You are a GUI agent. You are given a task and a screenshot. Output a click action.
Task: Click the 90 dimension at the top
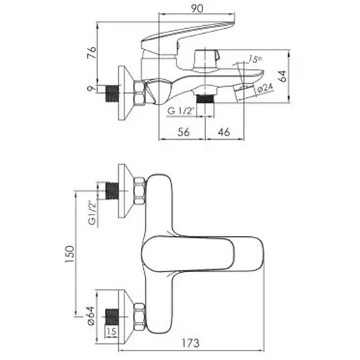tap(197, 9)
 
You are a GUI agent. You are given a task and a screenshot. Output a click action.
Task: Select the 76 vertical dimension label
tap(91, 53)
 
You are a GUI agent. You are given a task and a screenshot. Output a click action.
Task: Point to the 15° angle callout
tap(255, 58)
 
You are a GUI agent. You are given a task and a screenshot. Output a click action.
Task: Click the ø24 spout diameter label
tap(266, 88)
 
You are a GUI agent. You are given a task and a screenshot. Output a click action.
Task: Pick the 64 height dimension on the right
tap(283, 76)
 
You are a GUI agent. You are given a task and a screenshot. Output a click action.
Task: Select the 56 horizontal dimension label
tap(184, 132)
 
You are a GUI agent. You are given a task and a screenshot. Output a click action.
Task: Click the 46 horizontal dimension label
tap(224, 132)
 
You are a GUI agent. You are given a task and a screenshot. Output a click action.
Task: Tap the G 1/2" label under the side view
tap(181, 111)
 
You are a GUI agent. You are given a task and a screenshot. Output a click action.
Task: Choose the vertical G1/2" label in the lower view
tap(92, 212)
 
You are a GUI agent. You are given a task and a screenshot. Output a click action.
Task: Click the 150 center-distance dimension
tap(70, 254)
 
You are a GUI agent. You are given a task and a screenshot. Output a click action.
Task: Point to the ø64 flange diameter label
tap(91, 316)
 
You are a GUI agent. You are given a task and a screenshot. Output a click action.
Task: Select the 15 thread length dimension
tap(112, 331)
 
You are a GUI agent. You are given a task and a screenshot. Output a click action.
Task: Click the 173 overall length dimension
tap(190, 343)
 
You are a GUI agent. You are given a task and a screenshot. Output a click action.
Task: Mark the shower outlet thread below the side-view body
tap(205, 99)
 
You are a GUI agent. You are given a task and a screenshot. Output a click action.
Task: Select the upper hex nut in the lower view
tap(140, 191)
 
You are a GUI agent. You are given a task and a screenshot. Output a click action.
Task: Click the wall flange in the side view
tap(125, 93)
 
